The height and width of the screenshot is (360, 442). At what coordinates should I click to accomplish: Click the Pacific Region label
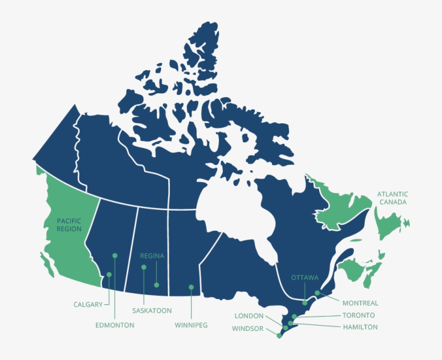[x=69, y=225]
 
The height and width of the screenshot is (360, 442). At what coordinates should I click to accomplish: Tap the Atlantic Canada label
[x=392, y=198]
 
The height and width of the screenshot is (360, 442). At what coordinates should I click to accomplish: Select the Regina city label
[x=151, y=256]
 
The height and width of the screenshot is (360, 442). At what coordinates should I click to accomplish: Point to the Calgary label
[x=88, y=304]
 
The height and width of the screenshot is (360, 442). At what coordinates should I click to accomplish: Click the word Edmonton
[x=115, y=325]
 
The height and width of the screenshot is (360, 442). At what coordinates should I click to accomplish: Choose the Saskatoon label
[x=152, y=310]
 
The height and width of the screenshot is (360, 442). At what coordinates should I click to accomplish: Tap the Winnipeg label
[x=191, y=325]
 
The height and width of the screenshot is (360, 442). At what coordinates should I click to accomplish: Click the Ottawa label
[x=305, y=278]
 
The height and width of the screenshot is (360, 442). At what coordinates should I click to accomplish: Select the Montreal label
[x=360, y=303]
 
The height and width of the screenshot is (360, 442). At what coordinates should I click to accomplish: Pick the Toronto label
[x=358, y=315]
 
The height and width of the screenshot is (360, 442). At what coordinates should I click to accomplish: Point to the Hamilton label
[x=360, y=327]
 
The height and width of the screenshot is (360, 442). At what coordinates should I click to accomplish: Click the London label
[x=249, y=316]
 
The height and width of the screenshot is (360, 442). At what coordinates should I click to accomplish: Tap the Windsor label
[x=248, y=328]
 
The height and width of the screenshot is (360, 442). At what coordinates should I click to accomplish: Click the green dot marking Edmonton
[x=114, y=255]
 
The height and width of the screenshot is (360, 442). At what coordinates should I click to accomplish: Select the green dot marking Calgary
[x=109, y=274]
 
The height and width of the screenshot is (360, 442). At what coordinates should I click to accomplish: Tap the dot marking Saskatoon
[x=144, y=267]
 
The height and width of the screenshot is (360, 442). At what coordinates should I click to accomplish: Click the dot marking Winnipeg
[x=191, y=287]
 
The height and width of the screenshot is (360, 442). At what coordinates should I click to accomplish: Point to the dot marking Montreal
[x=317, y=293]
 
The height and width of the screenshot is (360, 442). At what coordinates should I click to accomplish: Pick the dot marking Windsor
[x=279, y=335]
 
